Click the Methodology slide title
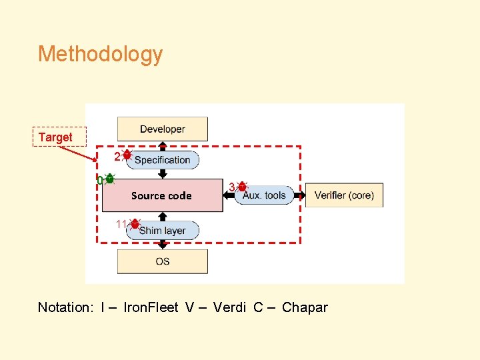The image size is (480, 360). pyautogui.click(x=100, y=54)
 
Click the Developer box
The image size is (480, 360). pyautogui.click(x=163, y=129)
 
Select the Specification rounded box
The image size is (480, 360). pyautogui.click(x=163, y=160)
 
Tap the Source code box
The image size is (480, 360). pyautogui.click(x=161, y=195)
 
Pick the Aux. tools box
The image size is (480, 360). pyautogui.click(x=265, y=195)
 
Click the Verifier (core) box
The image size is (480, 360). pyautogui.click(x=344, y=195)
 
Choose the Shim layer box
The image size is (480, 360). pyautogui.click(x=163, y=231)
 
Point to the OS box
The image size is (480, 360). pyautogui.click(x=163, y=261)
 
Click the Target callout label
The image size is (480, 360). pyautogui.click(x=55, y=137)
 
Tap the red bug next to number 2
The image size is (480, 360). pyautogui.click(x=127, y=155)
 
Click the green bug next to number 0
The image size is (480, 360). pyautogui.click(x=110, y=179)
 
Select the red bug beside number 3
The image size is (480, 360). pyautogui.click(x=243, y=187)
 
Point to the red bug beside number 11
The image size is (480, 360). pyautogui.click(x=135, y=225)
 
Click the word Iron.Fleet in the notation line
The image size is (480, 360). pyautogui.click(x=151, y=307)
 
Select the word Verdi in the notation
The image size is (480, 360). pyautogui.click(x=230, y=307)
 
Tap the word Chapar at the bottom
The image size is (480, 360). pyautogui.click(x=305, y=307)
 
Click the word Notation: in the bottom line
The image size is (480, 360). pyautogui.click(x=66, y=307)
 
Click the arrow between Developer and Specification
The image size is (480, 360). pyautogui.click(x=163, y=145)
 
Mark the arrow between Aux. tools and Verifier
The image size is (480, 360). pyautogui.click(x=300, y=195)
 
